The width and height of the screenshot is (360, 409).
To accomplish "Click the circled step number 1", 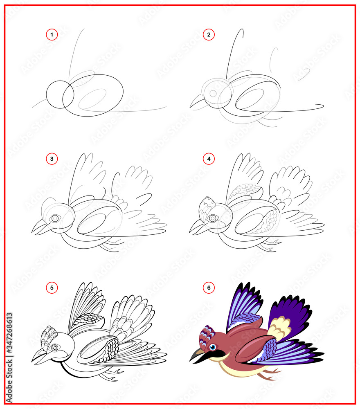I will click(52, 35).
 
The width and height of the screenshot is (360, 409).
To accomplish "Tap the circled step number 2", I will click(209, 35).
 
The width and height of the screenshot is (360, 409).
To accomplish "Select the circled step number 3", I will click(52, 159).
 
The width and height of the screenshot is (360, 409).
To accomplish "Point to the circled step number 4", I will click(209, 159).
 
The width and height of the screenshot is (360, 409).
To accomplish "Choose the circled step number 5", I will click(52, 288).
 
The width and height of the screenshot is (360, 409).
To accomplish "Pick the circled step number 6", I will click(209, 288).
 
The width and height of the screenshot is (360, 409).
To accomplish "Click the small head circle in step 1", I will click(60, 94).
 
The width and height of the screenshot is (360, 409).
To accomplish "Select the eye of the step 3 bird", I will click(55, 218).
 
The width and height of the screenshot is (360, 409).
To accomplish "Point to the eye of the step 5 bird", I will click(55, 348).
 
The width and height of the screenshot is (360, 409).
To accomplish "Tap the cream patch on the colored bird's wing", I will click(279, 328).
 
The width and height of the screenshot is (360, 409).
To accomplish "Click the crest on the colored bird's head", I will click(206, 338).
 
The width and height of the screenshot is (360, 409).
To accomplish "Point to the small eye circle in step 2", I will click(213, 94).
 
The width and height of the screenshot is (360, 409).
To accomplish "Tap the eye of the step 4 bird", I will click(212, 218).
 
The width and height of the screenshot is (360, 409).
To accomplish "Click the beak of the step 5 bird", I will click(41, 357).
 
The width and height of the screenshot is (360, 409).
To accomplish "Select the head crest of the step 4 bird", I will click(206, 209).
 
